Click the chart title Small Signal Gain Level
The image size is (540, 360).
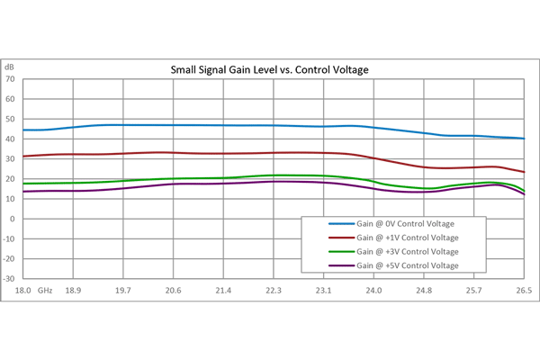tap(270, 69)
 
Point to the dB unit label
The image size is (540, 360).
tap(9, 67)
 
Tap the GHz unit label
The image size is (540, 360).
tap(45, 291)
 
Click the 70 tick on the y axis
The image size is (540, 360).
tap(10, 79)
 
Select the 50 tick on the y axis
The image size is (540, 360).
tap(10, 119)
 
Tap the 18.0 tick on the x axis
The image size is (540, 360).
tap(23, 291)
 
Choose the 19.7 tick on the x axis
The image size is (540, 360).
tap(123, 291)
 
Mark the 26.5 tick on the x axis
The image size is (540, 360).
tap(524, 291)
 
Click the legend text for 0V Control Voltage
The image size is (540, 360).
tap(408, 223)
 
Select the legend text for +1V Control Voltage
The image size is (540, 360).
tap(408, 238)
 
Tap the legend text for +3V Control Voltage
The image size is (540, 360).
tap(408, 251)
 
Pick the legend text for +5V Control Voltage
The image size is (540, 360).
tap(408, 265)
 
